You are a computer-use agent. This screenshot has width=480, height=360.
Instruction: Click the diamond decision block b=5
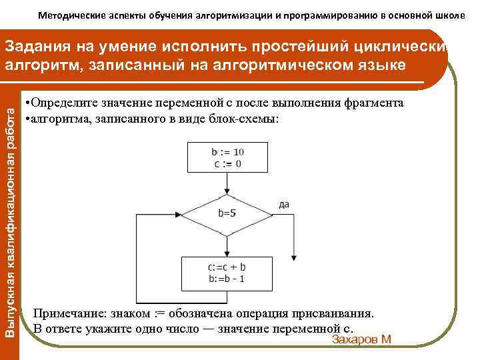click(x=227, y=215)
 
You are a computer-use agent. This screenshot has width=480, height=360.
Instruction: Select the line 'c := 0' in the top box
click(x=227, y=163)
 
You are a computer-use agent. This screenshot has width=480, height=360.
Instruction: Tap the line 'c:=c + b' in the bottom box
click(x=227, y=267)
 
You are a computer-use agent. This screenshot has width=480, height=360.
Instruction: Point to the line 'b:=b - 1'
click(x=227, y=279)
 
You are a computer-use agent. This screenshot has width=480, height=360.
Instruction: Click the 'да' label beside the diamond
click(x=284, y=204)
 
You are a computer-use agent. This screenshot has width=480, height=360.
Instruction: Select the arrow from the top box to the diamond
click(x=227, y=183)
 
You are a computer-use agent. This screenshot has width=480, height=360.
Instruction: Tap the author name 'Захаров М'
click(x=361, y=340)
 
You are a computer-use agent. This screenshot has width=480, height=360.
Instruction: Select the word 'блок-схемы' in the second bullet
click(x=250, y=118)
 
